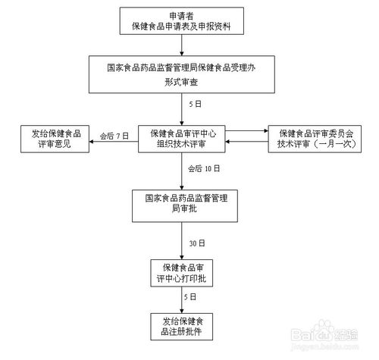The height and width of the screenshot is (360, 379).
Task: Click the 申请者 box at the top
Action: pyautogui.click(x=181, y=22)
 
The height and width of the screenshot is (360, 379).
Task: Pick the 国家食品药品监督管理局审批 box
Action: pyautogui.click(x=183, y=203)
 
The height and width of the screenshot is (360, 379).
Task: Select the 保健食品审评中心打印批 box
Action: pyautogui.click(x=183, y=274)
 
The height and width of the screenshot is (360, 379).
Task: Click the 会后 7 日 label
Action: pyautogui.click(x=114, y=136)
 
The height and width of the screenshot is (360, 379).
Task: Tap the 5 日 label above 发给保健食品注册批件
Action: pyautogui.click(x=193, y=296)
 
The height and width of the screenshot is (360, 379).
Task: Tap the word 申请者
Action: pyautogui.click(x=181, y=16)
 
